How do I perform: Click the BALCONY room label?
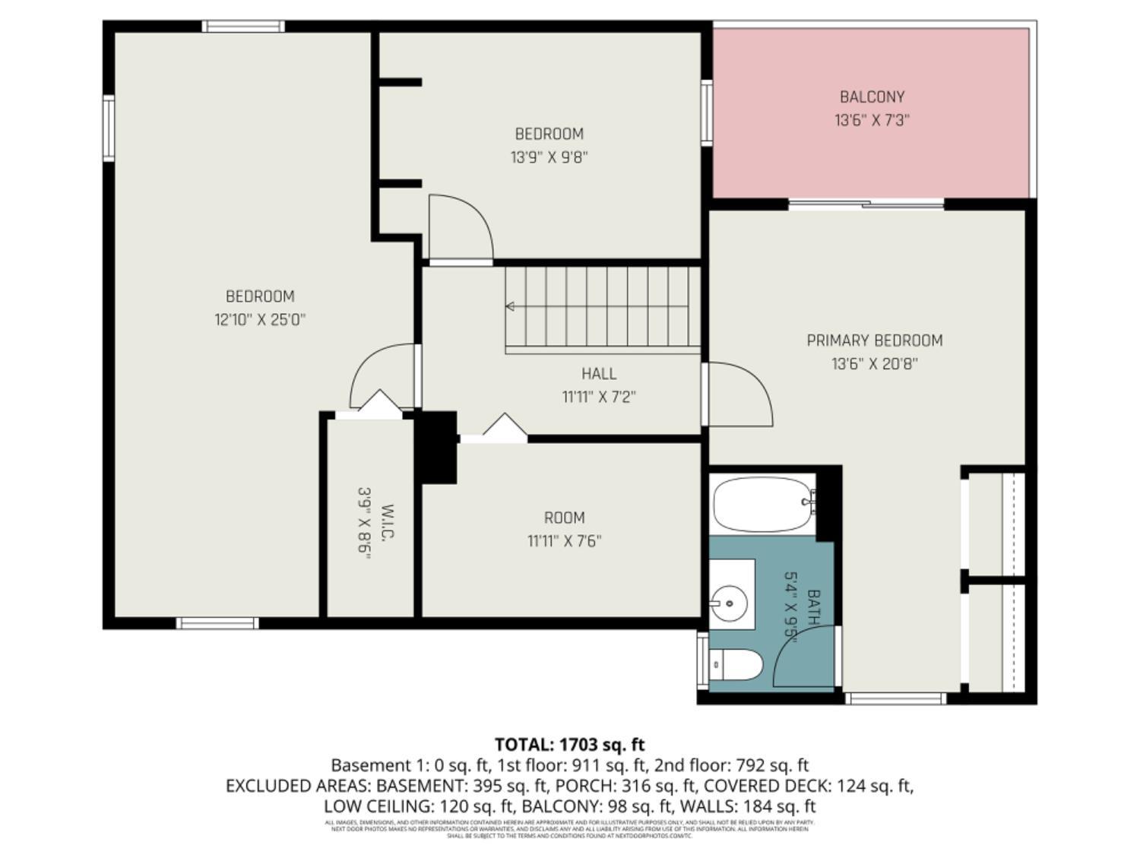(x=872, y=97)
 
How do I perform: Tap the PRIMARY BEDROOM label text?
(x=874, y=340)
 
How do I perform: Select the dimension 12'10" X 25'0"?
(x=260, y=320)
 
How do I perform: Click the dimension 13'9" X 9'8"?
(x=549, y=157)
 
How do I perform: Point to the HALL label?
(x=599, y=373)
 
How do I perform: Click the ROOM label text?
(x=564, y=518)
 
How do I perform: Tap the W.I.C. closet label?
(x=388, y=523)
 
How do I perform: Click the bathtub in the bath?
(x=762, y=505)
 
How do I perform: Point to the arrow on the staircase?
(x=511, y=306)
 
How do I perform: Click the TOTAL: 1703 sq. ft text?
(x=569, y=744)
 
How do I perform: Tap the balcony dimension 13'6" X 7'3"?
(x=872, y=120)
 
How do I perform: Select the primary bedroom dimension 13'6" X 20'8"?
(x=874, y=364)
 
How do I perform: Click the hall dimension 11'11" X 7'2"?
(x=599, y=397)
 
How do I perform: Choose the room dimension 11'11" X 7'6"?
(x=564, y=541)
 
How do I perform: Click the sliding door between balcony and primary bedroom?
(x=866, y=204)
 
